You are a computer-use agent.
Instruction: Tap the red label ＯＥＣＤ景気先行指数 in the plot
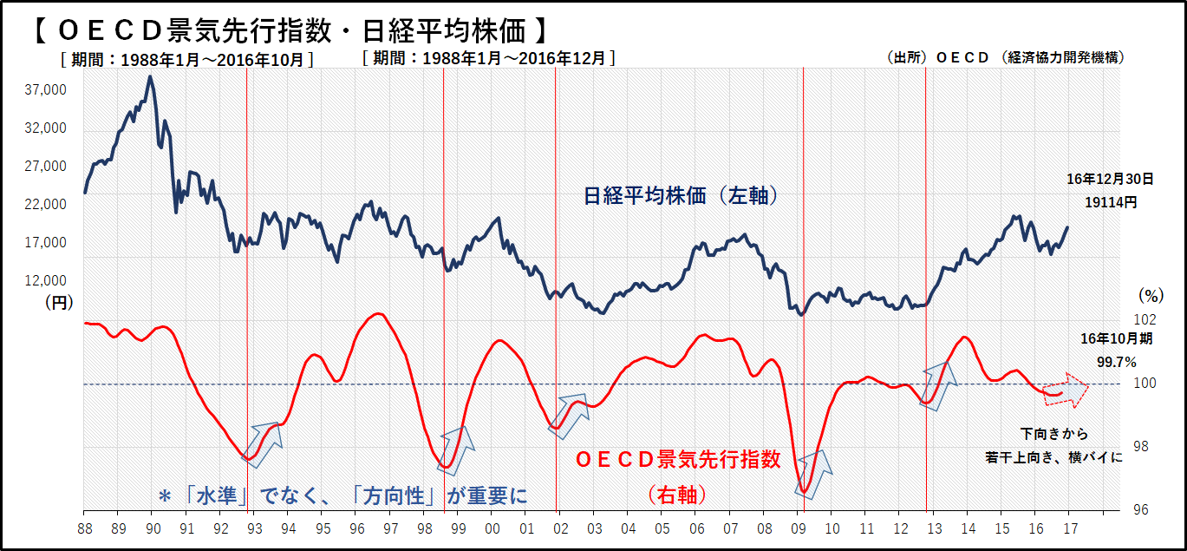click(x=679, y=459)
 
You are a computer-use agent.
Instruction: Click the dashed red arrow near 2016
click(x=1066, y=391)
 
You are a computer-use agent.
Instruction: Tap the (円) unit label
click(x=59, y=302)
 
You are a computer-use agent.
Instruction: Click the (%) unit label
click(x=1151, y=295)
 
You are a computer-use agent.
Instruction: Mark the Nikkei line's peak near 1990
click(x=150, y=76)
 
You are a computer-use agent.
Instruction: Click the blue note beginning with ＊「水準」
click(x=342, y=495)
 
